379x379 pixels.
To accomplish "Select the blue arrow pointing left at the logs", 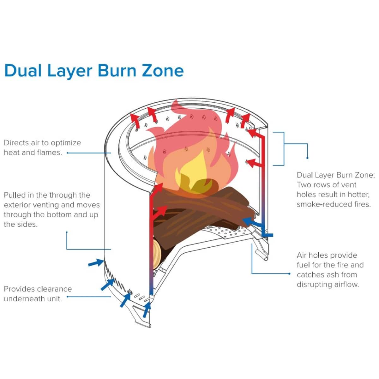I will [x=253, y=223].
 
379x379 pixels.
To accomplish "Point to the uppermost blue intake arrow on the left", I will [x=96, y=262].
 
